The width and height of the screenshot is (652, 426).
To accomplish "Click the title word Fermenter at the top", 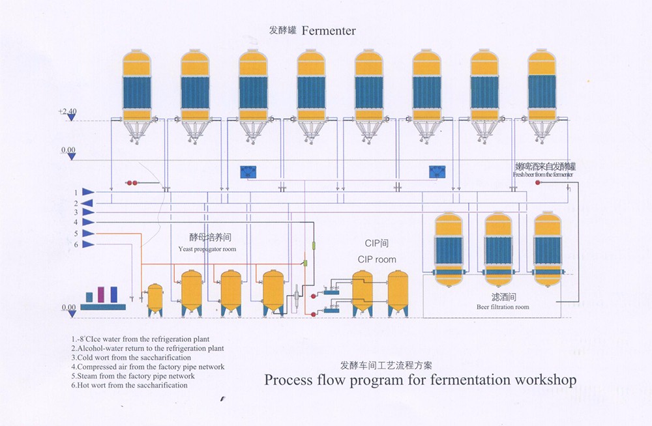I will coord(329,31).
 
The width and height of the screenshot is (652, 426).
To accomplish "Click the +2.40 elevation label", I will coord(67,112).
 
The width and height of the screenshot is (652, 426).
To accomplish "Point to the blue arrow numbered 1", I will coord(87,192).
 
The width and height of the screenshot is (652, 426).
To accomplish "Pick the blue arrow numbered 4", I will coord(87,223).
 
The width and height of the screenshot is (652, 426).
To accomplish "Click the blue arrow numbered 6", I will coord(87,244).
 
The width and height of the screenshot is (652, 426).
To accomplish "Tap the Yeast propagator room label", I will coord(207,249).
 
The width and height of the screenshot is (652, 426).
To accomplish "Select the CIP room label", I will coord(377,259).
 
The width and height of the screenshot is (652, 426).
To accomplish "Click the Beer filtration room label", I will coord(503,307).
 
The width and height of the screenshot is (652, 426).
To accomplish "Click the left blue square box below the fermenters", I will coord(248,172).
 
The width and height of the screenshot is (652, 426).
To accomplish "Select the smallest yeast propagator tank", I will coord(155,300).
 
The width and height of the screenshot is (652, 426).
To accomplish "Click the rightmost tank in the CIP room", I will coord(398,293).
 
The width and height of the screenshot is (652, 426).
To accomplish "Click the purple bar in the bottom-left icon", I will coord(101,294).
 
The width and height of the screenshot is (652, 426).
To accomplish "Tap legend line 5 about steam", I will coord(133,376).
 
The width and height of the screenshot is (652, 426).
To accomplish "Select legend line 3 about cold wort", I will coord(131,358).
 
